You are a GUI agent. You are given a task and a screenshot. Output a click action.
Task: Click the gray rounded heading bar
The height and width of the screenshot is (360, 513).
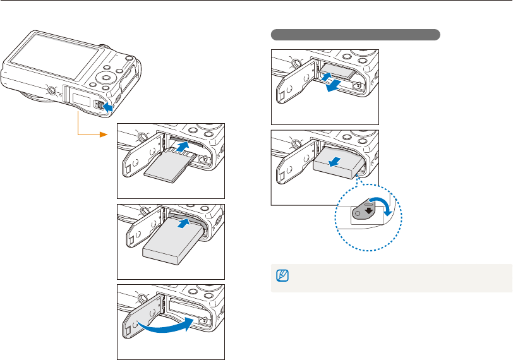click(356, 34)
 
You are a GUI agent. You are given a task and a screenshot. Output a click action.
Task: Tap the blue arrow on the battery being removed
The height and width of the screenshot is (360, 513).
click(337, 161)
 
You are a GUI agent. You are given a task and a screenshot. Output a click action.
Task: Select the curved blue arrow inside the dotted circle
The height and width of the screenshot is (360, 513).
click(383, 203)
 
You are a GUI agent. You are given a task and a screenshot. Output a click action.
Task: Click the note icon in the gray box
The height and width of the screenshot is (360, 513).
click(282, 275)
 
